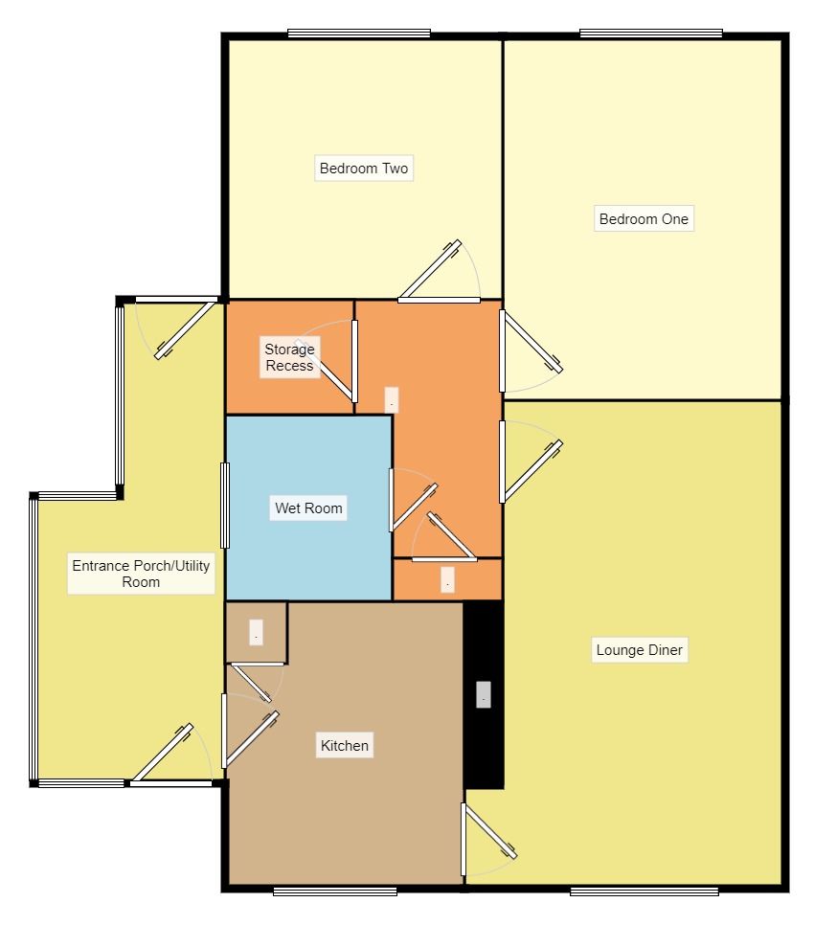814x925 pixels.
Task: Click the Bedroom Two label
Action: coord(363,169)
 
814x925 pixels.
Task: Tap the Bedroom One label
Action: coord(644,219)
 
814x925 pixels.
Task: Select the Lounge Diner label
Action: coord(640,649)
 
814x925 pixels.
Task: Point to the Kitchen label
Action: coord(345,745)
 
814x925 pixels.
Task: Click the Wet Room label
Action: coord(308,508)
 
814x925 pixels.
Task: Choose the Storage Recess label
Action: coord(289,357)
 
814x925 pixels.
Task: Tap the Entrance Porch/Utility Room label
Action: coord(141,574)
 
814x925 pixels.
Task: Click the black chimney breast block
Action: coord(484,694)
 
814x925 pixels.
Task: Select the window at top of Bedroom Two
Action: coord(358,34)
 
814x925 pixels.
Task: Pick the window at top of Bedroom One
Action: coord(651,34)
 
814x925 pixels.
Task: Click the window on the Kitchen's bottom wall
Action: coord(335,891)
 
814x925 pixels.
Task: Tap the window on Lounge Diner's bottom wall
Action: coord(644,891)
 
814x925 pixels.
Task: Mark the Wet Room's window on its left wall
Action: coord(225,506)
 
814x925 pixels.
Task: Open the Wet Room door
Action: coord(412,500)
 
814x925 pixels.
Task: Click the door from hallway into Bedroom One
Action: coord(530,351)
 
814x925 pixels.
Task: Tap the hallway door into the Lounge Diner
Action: coord(530,462)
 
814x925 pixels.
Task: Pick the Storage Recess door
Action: coord(327,361)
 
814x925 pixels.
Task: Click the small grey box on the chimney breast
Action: coord(483,694)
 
